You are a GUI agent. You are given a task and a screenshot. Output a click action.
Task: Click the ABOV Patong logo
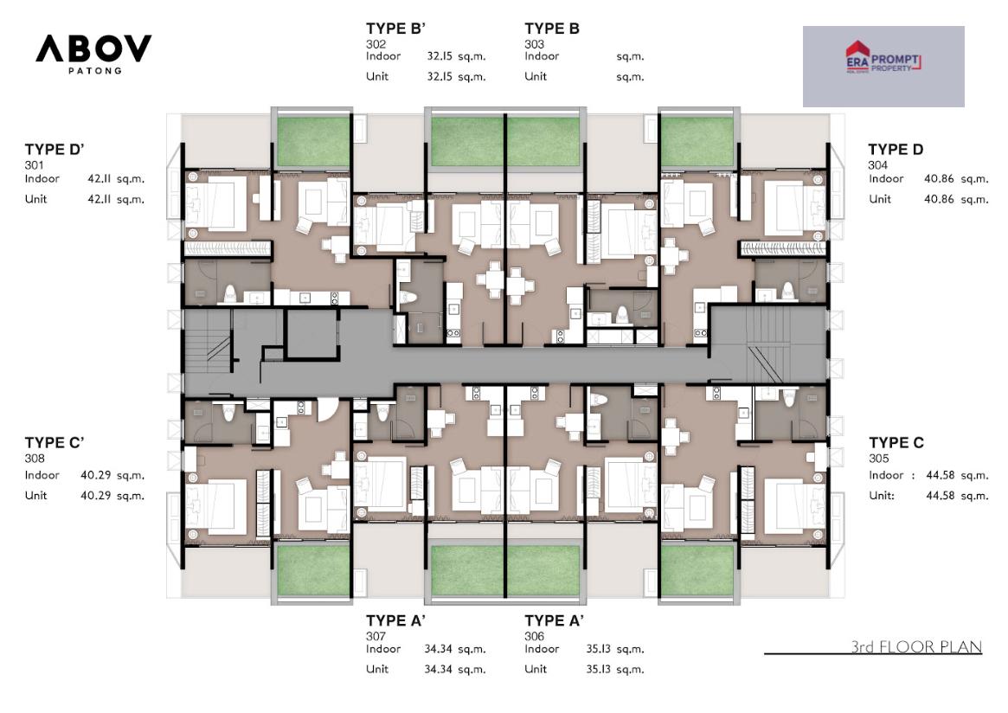click(x=93, y=54)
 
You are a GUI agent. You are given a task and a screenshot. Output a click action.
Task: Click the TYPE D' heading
click(x=55, y=149)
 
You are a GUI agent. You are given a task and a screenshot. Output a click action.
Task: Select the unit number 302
click(x=376, y=44)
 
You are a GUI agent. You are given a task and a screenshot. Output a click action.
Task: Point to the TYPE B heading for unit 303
click(x=551, y=29)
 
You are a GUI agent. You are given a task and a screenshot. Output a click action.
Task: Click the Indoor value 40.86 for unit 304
click(x=939, y=179)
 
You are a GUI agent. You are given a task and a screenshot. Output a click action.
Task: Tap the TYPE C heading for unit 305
click(x=896, y=442)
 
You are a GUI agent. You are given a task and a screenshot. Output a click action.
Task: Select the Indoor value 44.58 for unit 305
click(x=940, y=475)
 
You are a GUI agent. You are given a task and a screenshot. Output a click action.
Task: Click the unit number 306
click(x=534, y=636)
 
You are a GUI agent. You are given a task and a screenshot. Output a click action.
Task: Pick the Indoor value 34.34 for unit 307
click(x=439, y=649)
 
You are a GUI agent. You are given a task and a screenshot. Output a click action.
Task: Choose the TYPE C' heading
click(x=55, y=442)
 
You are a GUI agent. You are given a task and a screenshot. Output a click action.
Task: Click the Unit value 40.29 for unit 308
click(x=96, y=495)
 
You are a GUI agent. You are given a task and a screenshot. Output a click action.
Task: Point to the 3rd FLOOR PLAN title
click(x=916, y=646)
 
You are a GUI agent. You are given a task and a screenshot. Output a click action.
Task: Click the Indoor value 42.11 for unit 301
click(x=99, y=179)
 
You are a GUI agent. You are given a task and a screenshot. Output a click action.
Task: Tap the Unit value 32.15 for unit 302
click(x=440, y=76)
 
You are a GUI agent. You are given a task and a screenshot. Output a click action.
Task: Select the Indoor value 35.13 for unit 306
click(x=599, y=649)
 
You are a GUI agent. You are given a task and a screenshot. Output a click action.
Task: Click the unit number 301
click(x=34, y=164)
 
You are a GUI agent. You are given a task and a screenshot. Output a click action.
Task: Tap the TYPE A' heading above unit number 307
click(x=395, y=620)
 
